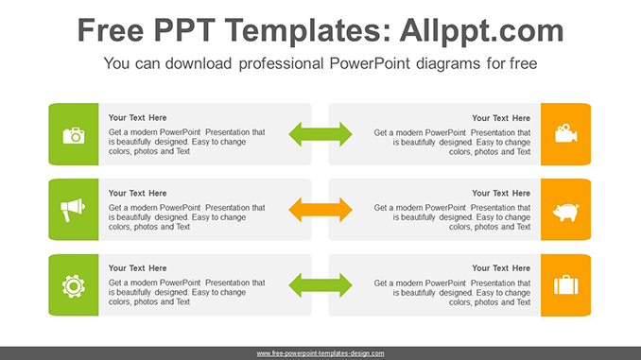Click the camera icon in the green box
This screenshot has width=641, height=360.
tap(74, 134)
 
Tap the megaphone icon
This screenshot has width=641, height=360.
tap(74, 210)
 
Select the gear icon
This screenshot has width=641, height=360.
tap(74, 284)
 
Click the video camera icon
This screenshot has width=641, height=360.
tap(566, 133)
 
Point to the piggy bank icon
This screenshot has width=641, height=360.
tap(566, 210)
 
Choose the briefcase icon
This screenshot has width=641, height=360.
tap(566, 284)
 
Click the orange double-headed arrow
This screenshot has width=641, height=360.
tap(320, 209)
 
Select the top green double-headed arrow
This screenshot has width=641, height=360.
tap(320, 133)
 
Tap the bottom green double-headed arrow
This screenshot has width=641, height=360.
tap(320, 283)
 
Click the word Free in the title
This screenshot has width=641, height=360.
tap(113, 31)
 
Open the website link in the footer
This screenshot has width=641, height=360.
tap(320, 353)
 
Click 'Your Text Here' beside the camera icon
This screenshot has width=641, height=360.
tap(137, 118)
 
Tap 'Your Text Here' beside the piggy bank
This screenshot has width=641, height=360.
tap(502, 194)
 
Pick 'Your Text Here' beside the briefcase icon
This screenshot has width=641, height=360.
tap(502, 268)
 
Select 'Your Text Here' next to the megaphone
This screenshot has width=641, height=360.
tap(137, 194)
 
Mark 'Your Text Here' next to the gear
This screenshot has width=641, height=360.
tap(137, 268)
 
